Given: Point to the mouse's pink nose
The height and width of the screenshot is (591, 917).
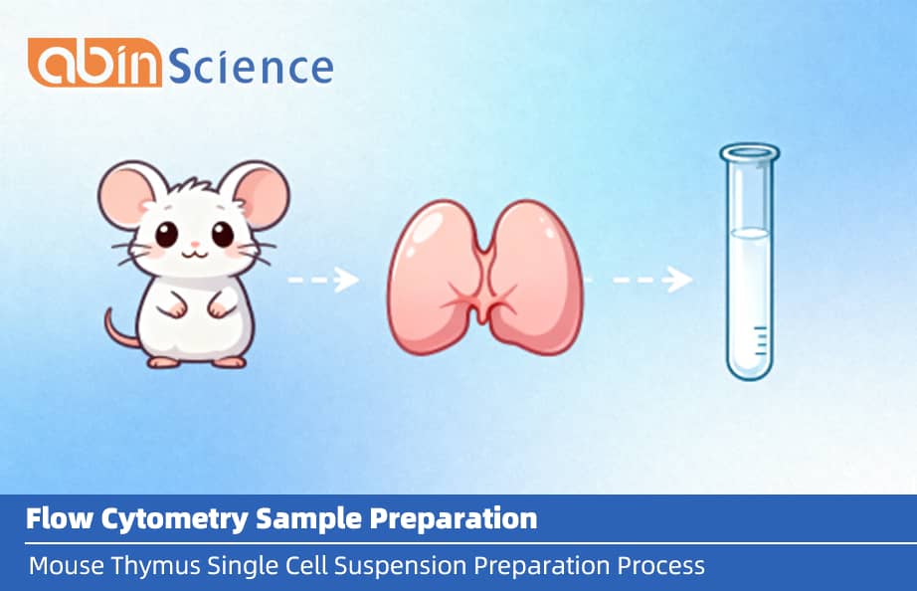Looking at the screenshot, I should point(195,244).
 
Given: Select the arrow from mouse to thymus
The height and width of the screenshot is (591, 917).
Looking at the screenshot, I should point(323,281).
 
